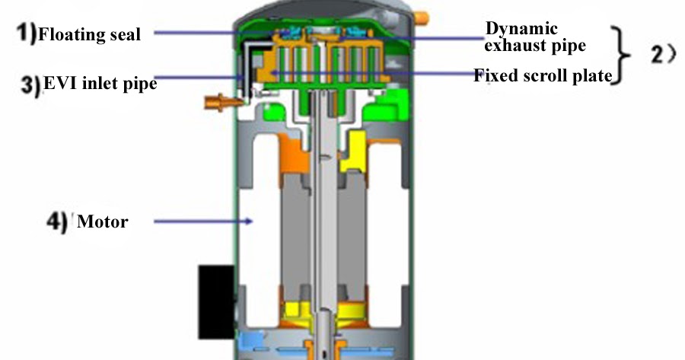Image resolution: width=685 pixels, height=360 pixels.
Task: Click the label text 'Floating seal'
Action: click(x=89, y=33)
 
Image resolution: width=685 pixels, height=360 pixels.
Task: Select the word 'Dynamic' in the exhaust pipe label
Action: click(x=521, y=30)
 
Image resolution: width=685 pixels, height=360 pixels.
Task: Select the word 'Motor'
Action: click(x=103, y=222)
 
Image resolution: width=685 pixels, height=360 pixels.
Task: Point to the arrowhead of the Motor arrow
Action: click(x=249, y=222)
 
